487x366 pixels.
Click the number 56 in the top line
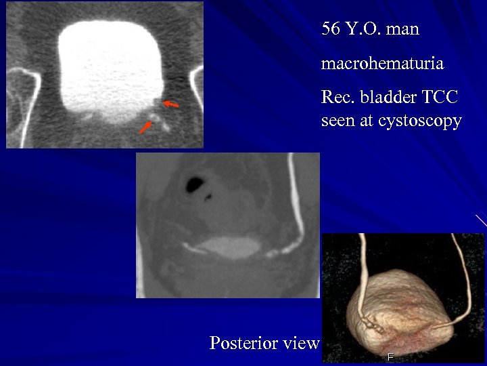point(330,29)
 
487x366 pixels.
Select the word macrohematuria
point(382,64)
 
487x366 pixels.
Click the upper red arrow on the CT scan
point(171,104)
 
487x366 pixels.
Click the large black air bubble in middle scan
point(198,182)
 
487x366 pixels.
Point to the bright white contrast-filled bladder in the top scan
point(111,64)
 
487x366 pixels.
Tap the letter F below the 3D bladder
point(390,357)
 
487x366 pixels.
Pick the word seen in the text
point(336,121)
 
